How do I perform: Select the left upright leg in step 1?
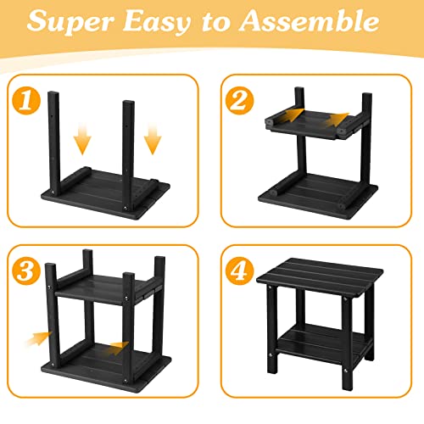56,136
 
